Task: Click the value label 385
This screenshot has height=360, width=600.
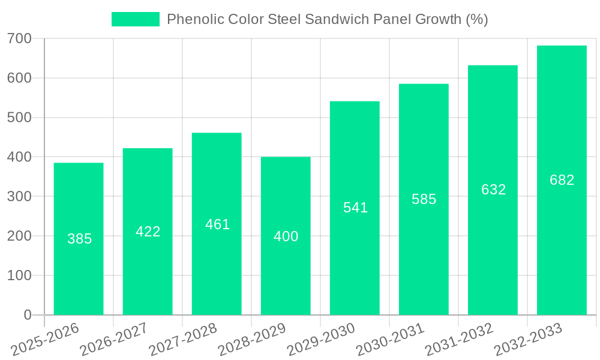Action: [x=79, y=239]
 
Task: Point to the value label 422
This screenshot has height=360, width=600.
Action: [x=148, y=232]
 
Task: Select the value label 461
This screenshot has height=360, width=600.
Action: [x=217, y=224]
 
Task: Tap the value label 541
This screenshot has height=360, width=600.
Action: [x=355, y=208]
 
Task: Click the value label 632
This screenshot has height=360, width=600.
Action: [x=493, y=190]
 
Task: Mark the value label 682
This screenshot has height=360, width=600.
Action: [x=562, y=180]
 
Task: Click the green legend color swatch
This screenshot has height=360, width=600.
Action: [x=136, y=19]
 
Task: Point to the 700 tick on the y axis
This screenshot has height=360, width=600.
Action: [x=19, y=39]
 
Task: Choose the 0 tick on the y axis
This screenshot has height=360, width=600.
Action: [x=27, y=315]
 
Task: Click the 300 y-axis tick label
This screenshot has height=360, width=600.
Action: [x=19, y=197]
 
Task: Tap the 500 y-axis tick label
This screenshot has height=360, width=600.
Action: [x=19, y=118]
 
